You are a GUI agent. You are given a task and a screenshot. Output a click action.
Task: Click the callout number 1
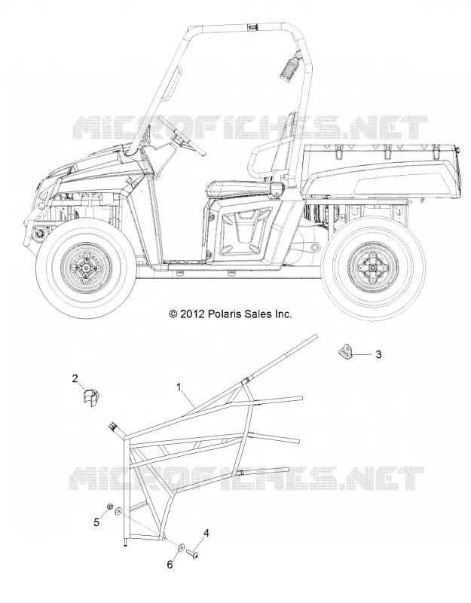coord(179,387)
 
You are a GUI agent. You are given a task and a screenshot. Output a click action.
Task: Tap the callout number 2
coord(75,378)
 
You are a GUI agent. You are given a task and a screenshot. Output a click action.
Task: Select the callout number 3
coord(378,354)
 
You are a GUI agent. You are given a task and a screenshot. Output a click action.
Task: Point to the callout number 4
coord(206,534)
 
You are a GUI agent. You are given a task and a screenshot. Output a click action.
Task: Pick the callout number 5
coord(96,522)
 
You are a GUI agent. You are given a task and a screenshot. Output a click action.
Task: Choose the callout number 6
coord(170,565)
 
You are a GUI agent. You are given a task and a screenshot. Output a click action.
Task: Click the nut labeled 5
coord(109,507)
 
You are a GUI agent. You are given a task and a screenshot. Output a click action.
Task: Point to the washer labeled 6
coord(181,546)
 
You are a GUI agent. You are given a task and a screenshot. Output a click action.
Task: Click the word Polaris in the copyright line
coord(225,314)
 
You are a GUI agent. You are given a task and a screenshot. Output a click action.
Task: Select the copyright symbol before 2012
coord(173,314)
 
